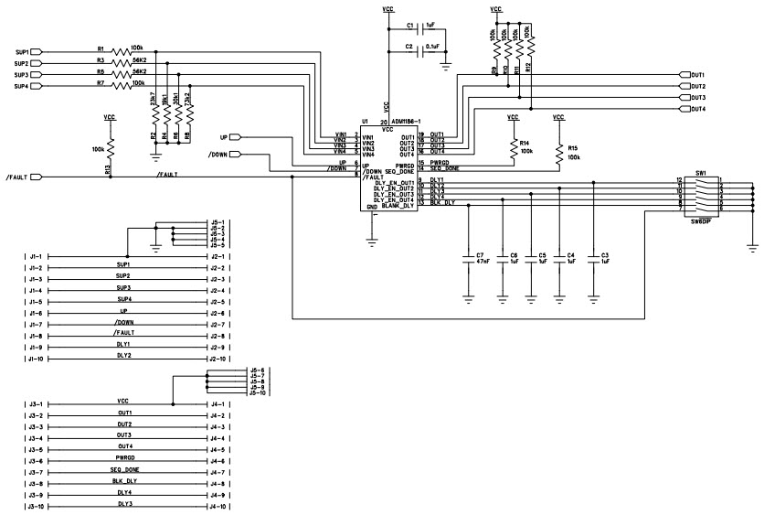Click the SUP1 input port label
coord(23,51)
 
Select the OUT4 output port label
coord(697,109)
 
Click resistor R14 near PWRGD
coord(513,147)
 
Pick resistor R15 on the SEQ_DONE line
coord(558,152)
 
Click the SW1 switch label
coord(701,172)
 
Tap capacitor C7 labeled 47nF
coord(469,257)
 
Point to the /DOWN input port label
coord(218,155)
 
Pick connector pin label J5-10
coord(257,392)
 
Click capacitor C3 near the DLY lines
coord(595,258)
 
